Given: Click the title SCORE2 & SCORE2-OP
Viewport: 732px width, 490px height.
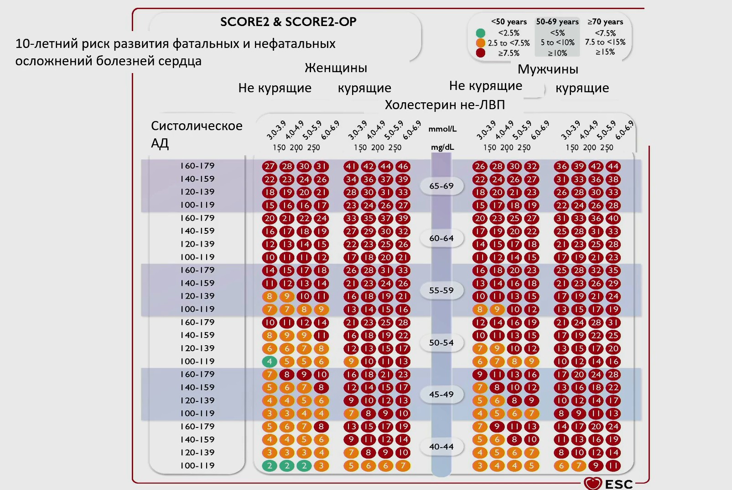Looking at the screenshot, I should point(288,22).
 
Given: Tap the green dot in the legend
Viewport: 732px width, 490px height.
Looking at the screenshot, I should point(480,33).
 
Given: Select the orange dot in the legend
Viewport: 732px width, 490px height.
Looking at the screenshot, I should point(480,43).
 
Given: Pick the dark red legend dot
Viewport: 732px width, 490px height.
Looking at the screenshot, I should point(480,53).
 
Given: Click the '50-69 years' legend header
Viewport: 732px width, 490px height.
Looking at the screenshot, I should point(557,22).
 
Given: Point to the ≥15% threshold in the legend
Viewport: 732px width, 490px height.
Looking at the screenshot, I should point(605,52).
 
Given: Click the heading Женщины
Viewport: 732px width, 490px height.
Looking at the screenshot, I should point(336,68).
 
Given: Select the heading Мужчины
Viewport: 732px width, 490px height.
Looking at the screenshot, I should point(548,69).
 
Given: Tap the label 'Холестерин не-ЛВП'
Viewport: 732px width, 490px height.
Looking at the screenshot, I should point(445,105).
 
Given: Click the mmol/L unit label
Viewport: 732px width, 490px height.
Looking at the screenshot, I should point(442,129).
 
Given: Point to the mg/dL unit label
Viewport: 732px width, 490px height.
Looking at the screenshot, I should point(442,148).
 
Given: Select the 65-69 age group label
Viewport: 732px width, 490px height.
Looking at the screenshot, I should point(441,186).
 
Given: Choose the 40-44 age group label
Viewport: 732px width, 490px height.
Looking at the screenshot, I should point(441,447).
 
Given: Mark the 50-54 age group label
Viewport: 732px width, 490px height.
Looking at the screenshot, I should point(441,342).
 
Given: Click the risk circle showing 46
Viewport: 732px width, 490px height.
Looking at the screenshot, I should point(403,167).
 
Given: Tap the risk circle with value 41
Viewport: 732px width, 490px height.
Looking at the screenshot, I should point(351,167).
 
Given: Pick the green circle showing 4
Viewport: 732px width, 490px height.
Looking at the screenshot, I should point(270,362).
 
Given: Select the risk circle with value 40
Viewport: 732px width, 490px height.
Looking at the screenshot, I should point(613,219).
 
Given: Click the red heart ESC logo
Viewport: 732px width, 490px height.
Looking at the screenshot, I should point(593,483).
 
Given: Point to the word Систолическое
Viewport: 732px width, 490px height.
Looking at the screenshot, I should point(197,126).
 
